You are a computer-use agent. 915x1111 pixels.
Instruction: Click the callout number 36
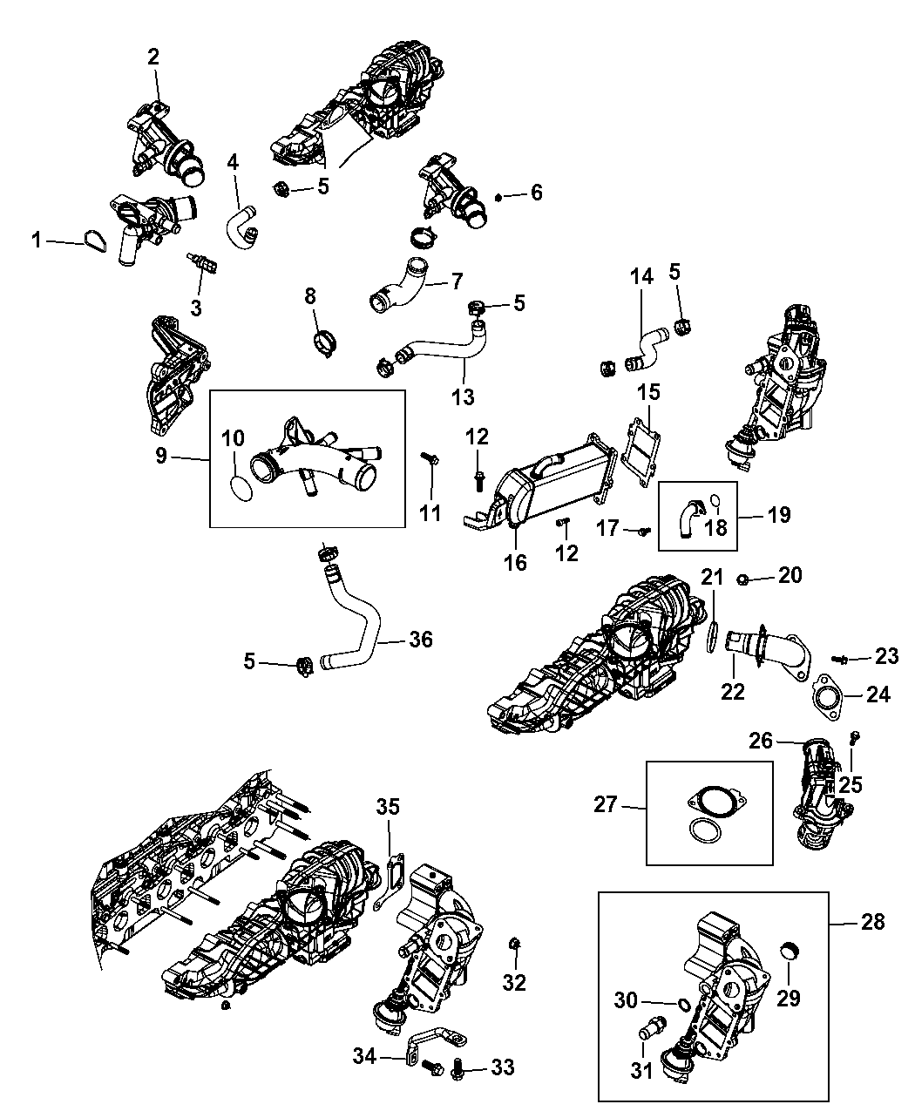click(421, 640)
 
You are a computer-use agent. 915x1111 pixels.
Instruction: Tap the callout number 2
click(153, 58)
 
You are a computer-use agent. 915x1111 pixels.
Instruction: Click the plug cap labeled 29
click(791, 950)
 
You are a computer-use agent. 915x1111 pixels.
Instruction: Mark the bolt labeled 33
click(458, 1067)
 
